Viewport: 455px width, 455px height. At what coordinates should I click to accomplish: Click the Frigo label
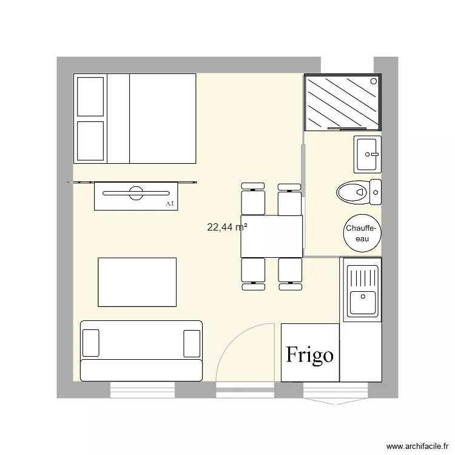(x=310, y=354)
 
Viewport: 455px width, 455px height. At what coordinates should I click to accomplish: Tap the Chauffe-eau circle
(x=362, y=233)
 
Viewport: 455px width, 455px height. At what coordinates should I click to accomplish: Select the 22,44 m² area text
(x=227, y=227)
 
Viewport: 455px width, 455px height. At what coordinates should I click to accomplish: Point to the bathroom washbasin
(x=368, y=154)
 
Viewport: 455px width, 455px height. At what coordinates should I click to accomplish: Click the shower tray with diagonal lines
(x=343, y=103)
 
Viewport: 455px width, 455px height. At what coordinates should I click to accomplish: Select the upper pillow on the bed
(x=90, y=96)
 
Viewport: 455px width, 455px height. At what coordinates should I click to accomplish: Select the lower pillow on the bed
(x=90, y=139)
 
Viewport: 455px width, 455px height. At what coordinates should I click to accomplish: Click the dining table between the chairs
(x=271, y=236)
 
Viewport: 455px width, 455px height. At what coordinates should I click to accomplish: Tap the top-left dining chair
(x=253, y=199)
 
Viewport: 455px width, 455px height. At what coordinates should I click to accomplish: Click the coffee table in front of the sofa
(x=137, y=282)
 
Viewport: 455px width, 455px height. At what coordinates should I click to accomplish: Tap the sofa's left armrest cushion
(x=90, y=343)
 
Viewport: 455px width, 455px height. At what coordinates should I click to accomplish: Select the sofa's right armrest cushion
(x=192, y=343)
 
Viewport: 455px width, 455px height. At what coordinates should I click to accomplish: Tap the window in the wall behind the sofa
(x=143, y=390)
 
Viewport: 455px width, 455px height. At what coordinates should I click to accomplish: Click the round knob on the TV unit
(x=135, y=194)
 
